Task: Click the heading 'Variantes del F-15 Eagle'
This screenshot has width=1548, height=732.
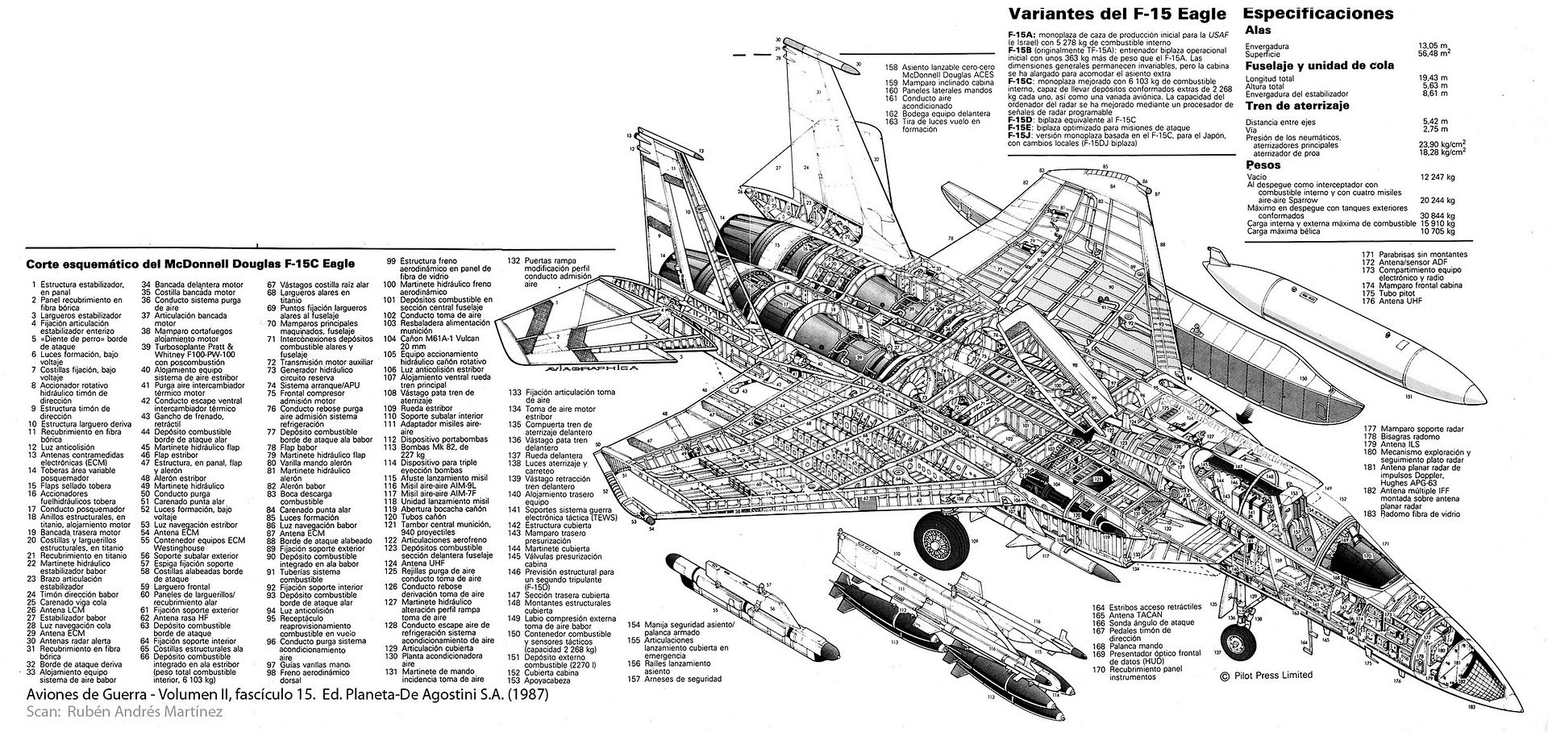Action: (x=1117, y=14)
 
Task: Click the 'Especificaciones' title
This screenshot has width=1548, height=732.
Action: (x=1318, y=14)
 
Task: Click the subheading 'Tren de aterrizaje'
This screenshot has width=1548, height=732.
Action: (x=1296, y=106)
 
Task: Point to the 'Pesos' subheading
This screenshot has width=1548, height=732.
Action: (x=1263, y=164)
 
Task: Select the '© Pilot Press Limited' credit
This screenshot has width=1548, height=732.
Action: (x=1266, y=676)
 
